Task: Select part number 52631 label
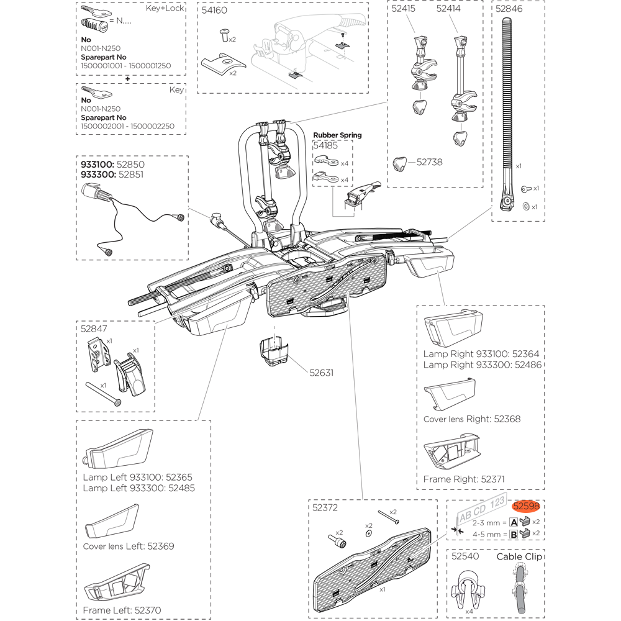click(322, 373)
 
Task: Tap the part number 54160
click(215, 11)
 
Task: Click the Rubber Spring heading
click(337, 135)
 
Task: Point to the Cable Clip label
click(519, 556)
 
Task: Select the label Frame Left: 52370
click(121, 610)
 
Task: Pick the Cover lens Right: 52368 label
click(471, 419)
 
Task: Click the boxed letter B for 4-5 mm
click(514, 533)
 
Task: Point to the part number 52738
click(429, 161)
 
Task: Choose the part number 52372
click(325, 507)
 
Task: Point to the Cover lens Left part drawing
click(113, 520)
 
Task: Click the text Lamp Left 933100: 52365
click(137, 478)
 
